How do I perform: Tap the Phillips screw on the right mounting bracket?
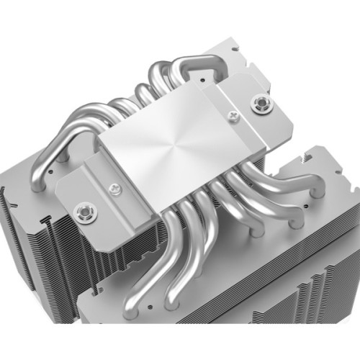pos(233,114)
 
